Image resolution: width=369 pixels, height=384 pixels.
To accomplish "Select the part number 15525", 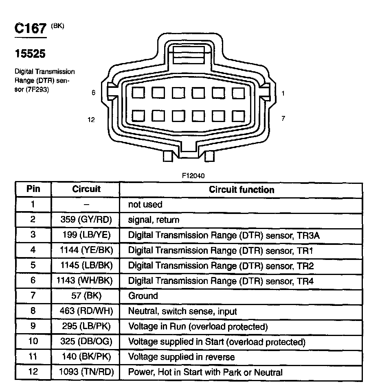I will (x=30, y=54).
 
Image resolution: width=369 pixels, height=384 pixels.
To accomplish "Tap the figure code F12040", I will (x=193, y=176).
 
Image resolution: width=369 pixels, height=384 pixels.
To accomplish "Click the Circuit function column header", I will (x=242, y=190).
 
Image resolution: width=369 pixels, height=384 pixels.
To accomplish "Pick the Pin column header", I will (x=33, y=189).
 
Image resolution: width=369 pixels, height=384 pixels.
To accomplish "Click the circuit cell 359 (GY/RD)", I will (x=86, y=220).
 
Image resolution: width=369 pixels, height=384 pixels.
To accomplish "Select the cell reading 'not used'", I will (x=145, y=205).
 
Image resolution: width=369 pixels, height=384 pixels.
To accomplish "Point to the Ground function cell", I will (x=143, y=296).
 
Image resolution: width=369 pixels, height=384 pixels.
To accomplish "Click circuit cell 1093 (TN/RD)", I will (x=86, y=372).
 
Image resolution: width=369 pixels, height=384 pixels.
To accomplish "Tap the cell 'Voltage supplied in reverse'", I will (x=181, y=357).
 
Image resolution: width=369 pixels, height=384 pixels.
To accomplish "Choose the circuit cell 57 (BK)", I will (x=86, y=296).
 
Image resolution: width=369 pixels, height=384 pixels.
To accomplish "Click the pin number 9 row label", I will (x=33, y=327).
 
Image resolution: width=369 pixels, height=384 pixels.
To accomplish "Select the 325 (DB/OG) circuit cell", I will (x=86, y=342).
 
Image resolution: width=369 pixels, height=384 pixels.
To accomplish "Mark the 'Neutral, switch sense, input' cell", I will (x=182, y=312).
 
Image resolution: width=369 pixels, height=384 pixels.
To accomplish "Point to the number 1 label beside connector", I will (x=283, y=93).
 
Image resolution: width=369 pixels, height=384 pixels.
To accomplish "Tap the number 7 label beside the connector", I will (x=283, y=118).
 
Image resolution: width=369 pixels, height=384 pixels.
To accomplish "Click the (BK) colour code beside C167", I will (x=57, y=26).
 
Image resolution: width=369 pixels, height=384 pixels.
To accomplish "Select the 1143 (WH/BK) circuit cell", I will (x=86, y=281).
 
